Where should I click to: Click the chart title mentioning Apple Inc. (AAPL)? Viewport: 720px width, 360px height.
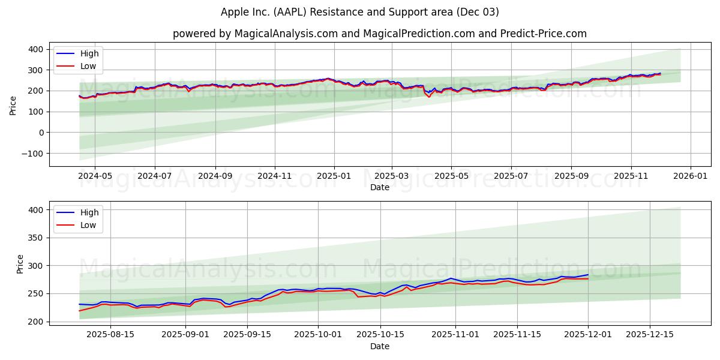click(359, 12)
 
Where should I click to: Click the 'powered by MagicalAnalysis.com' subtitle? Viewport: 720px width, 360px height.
click(379, 34)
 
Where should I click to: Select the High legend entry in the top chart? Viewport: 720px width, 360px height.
click(89, 53)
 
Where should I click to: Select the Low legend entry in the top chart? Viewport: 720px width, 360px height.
click(89, 65)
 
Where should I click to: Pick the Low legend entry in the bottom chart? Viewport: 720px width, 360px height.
click(89, 226)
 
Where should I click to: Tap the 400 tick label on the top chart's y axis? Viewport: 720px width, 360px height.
click(36, 49)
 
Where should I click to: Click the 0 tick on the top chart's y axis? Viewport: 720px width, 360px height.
click(41, 133)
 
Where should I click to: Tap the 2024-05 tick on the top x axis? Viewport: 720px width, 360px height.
click(95, 176)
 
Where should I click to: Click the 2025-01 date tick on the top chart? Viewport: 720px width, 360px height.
click(334, 176)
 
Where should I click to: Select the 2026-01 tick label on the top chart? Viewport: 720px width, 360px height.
click(690, 176)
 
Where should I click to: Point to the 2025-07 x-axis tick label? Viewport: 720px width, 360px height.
click(511, 176)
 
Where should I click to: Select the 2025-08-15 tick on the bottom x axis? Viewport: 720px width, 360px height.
click(111, 335)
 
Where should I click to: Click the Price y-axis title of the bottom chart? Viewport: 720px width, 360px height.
click(20, 263)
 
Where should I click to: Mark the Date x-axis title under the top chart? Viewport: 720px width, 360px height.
click(379, 187)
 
